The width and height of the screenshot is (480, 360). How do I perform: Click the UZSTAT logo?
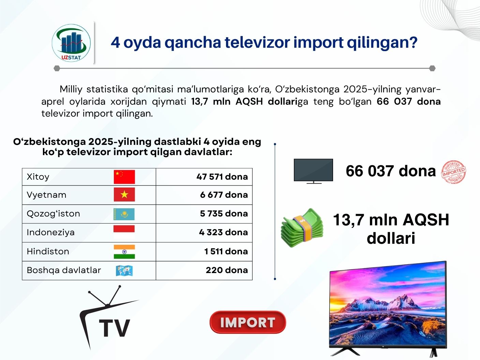coord(71,43)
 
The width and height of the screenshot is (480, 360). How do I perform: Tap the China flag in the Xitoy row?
coord(124,177)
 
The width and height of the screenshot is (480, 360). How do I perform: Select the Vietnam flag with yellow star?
coord(124,194)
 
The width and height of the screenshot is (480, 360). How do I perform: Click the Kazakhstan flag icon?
coord(124,214)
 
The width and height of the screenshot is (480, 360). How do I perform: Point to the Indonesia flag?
coord(124,232)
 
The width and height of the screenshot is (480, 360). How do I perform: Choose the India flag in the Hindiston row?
coord(124,252)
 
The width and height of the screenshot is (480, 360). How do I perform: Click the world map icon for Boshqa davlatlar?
coord(124,271)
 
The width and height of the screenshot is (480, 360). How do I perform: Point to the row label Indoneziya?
coord(50,232)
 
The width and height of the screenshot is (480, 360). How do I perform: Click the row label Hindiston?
coord(48,251)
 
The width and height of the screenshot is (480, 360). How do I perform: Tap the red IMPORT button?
coord(248,322)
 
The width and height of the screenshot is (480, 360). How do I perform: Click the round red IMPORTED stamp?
coord(453,172)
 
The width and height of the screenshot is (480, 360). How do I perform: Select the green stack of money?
coord(302,227)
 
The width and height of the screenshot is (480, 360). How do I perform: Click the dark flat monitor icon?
coord(313,171)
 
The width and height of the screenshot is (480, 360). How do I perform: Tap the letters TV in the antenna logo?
coord(114,328)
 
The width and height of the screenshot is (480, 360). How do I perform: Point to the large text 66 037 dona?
coord(391,171)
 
